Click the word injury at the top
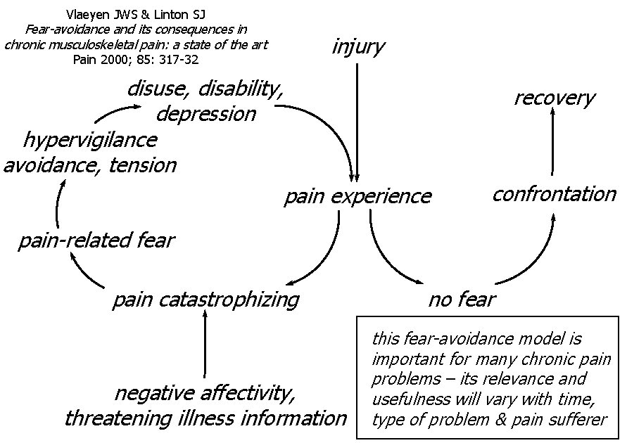(x=358, y=47)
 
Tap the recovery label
(x=554, y=98)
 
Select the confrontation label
(x=554, y=194)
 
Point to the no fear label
(x=462, y=300)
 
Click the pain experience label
(x=357, y=196)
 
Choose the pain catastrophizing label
(x=205, y=300)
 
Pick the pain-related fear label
(x=96, y=240)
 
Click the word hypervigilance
(x=89, y=140)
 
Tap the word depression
(x=205, y=114)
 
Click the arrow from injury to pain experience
(x=358, y=120)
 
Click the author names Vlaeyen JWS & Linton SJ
(x=136, y=15)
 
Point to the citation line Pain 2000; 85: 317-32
(x=136, y=60)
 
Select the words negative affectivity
(x=204, y=392)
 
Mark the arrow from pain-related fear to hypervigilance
(x=58, y=204)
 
